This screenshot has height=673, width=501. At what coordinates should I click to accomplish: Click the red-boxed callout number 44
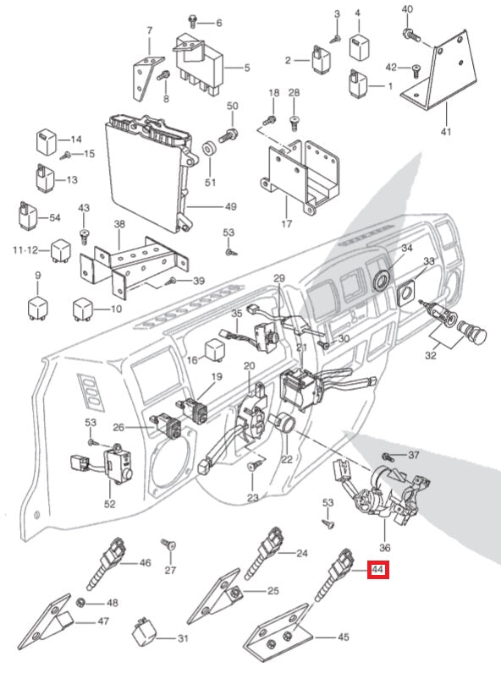coord(377,571)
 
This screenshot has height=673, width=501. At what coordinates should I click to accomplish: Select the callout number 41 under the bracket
coord(446,132)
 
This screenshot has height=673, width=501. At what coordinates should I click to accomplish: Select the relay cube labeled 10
coord(83,309)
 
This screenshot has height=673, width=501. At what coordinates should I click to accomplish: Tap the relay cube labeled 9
coord(36,305)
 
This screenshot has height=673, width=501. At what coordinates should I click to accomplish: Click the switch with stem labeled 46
coord(107,566)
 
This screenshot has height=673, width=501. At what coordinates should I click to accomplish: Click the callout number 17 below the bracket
coord(286,225)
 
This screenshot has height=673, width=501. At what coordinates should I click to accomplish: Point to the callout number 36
coord(385,548)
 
